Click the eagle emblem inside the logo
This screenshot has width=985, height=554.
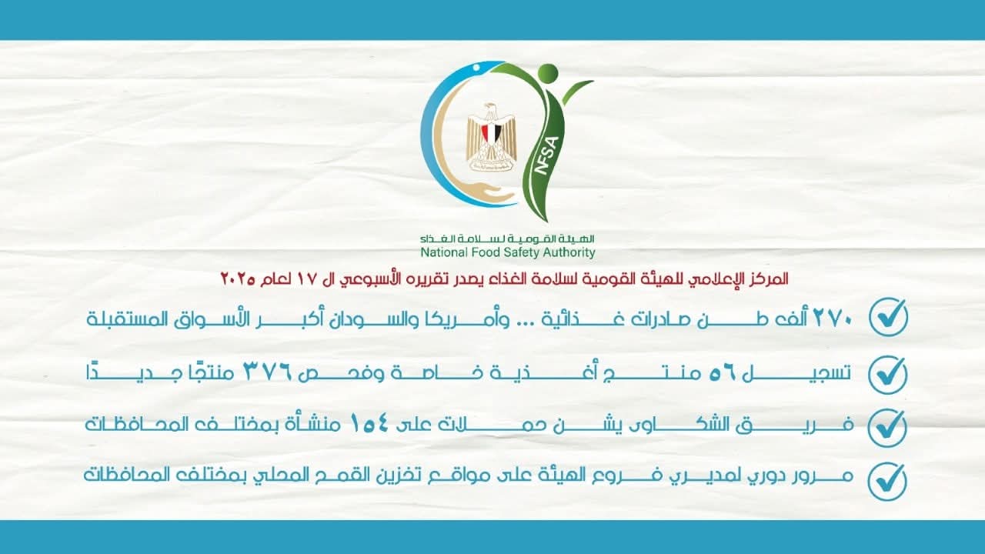(x=491, y=137)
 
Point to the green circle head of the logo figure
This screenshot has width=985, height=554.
(x=547, y=73)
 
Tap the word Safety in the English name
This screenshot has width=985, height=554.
(x=522, y=252)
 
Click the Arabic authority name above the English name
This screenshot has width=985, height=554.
(x=507, y=239)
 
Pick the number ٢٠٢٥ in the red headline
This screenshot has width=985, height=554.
(x=238, y=279)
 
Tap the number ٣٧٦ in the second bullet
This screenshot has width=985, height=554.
(x=268, y=373)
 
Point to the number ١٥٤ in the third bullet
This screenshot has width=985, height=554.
(x=370, y=424)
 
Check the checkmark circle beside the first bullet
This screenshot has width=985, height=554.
(x=889, y=318)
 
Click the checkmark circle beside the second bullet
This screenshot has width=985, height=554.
(x=888, y=375)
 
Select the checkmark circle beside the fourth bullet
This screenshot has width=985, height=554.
(x=887, y=482)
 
